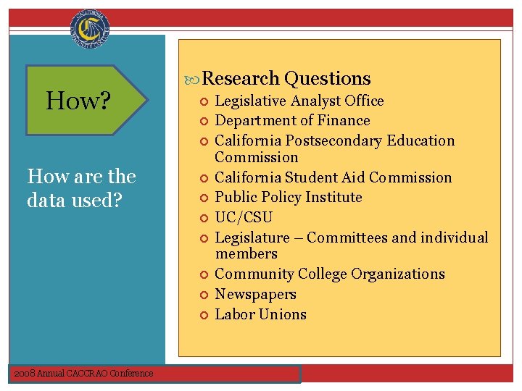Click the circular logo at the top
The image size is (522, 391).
pos(91,30)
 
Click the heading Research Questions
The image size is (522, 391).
pos(286,78)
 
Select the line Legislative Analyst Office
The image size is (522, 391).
pos(299,101)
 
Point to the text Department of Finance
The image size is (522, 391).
pos(292,120)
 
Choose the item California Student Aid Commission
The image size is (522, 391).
pos(333,177)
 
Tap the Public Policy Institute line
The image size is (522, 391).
pos(289,197)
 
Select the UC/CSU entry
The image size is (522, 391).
pos(244,217)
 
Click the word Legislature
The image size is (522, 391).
pos(252,237)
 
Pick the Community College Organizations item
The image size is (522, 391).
pos(330,274)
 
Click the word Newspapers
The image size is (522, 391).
pos(256,294)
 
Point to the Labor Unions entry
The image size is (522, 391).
pos(261,314)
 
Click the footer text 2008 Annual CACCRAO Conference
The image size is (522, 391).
pos(83,373)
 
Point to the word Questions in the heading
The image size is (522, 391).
pos(328,78)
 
